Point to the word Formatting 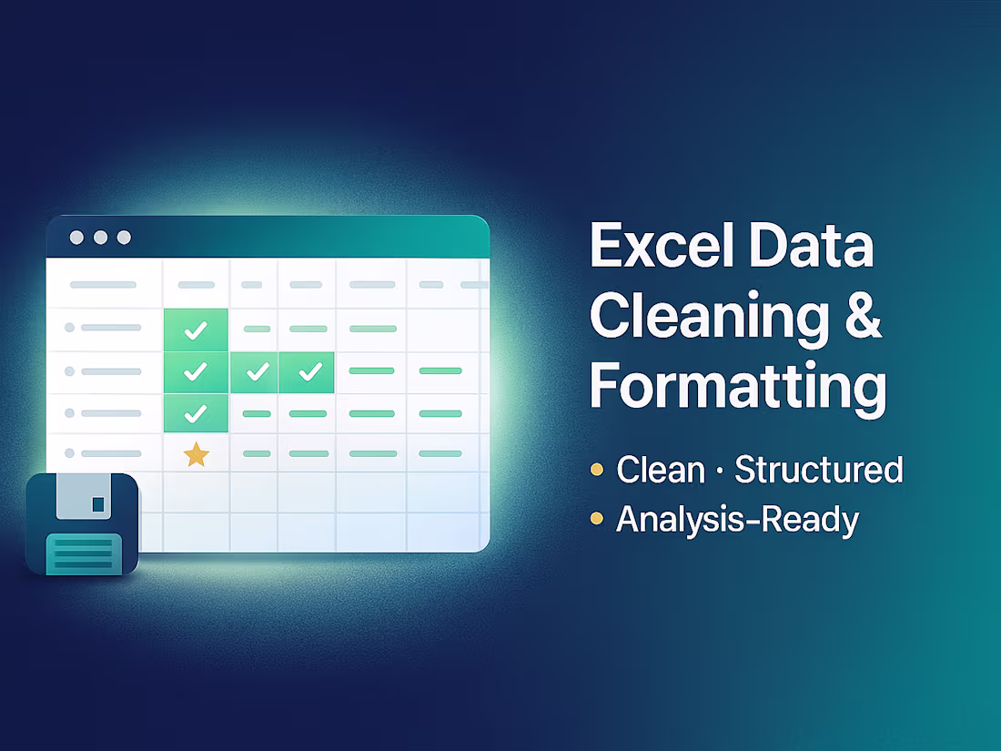point(737,386)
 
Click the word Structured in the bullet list point(818,470)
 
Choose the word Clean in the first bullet point(661,470)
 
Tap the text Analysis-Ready point(737,520)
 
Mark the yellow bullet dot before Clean point(597,470)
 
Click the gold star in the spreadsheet point(196,454)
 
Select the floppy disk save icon point(82,524)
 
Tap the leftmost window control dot point(76,238)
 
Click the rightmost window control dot point(124,238)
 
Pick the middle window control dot point(100,238)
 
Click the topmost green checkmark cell point(196,330)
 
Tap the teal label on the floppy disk point(83,552)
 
